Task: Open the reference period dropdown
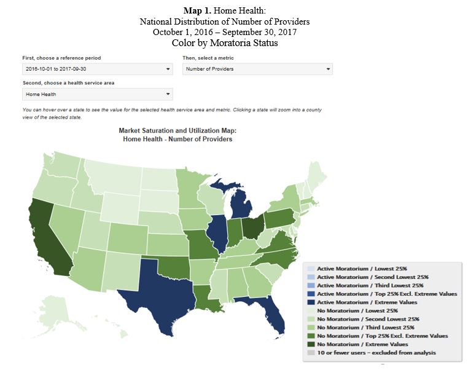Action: (x=96, y=69)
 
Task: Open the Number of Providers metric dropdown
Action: (x=258, y=69)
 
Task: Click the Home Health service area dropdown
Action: (x=96, y=94)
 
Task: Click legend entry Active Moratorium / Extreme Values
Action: (x=367, y=302)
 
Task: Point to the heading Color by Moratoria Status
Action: (x=234, y=43)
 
